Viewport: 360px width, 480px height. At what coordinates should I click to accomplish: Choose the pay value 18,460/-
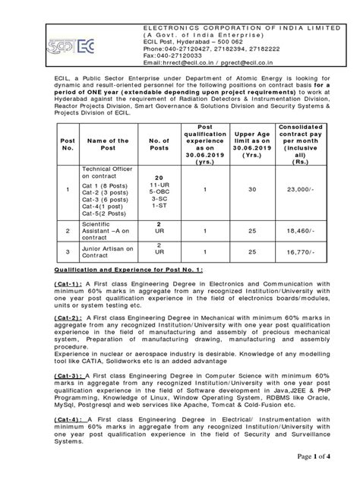tap(300, 228)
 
